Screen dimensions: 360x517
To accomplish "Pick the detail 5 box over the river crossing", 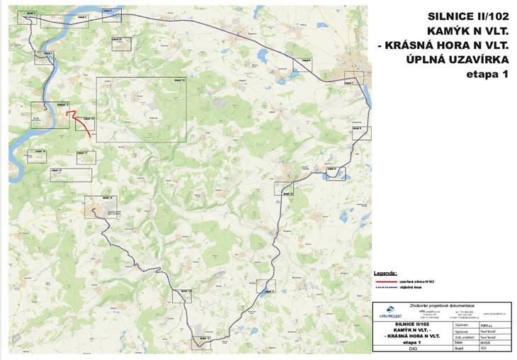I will pyautogui.click(x=112, y=15).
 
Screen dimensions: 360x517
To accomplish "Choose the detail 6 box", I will pyautogui.click(x=302, y=65).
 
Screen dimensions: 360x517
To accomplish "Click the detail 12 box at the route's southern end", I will pyautogui.click(x=202, y=342).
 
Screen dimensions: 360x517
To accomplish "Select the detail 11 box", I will pyautogui.click(x=266, y=286).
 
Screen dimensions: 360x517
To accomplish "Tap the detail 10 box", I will pyautogui.click(x=284, y=188).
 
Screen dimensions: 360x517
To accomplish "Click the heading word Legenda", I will pyautogui.click(x=385, y=272).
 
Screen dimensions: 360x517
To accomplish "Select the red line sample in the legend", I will pyautogui.click(x=385, y=281).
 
